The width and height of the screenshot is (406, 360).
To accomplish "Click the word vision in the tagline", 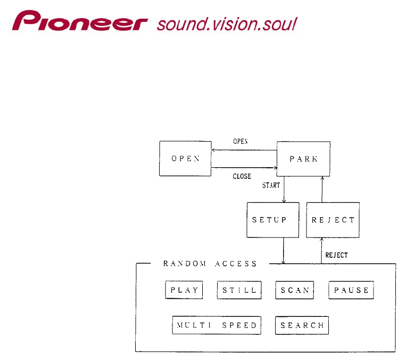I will point(229,24).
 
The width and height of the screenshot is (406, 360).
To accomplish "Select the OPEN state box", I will point(185,159).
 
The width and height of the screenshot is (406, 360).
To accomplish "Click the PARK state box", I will point(303,159).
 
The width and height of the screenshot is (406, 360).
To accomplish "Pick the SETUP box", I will point(269,220).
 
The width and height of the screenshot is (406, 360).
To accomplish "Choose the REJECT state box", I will point(333,220).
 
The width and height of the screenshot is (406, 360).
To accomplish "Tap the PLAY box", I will point(184,290).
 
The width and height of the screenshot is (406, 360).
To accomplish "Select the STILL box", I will point(239,290).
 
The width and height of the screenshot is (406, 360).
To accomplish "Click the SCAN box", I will point(294,290).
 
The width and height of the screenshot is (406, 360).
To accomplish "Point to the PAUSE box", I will point(351,290).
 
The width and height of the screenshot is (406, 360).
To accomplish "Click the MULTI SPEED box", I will point(217,325).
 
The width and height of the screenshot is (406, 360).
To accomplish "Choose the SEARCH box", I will point(302,325).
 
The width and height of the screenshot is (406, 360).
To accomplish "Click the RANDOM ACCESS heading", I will point(210,264).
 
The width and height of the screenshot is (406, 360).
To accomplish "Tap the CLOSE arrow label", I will point(242,176).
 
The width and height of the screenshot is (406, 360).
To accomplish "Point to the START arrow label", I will point(271,185).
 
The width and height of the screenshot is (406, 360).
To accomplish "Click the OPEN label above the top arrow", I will point(241,142).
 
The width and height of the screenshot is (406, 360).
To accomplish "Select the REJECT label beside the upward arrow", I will point(336,255).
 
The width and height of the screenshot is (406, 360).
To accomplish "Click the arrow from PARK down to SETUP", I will point(284,190).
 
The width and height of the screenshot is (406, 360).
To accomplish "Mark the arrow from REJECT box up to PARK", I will point(321,190).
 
